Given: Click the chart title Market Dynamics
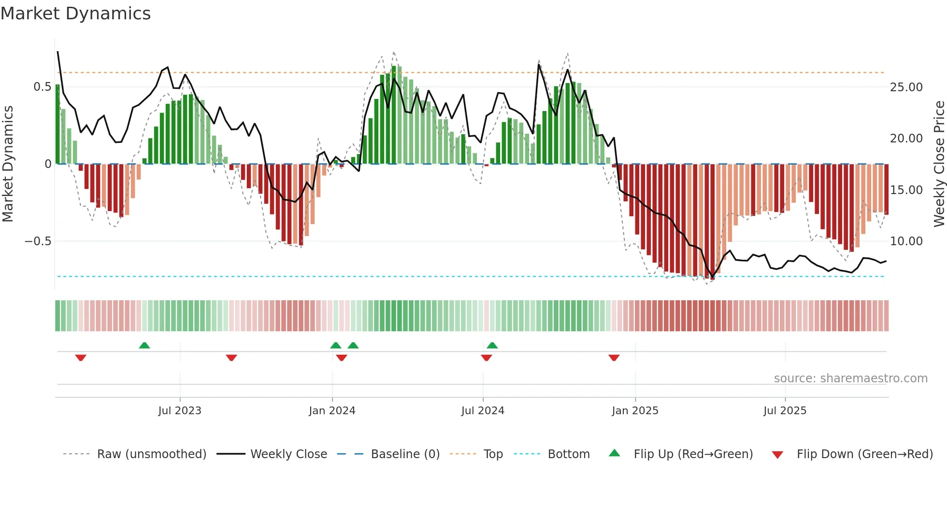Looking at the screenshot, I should pos(75,14).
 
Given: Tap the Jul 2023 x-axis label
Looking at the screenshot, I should pos(180,411).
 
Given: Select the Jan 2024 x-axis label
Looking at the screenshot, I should pos(332,411).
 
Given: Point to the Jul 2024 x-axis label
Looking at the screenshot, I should pos(483,411).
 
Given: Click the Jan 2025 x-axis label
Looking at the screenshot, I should pos(635,411).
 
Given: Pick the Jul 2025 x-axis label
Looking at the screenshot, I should pos(785,411).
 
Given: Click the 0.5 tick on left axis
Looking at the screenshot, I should pos(42,87).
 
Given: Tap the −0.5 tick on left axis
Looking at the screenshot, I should pos(38,241).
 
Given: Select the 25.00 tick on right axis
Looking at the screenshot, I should pos(906,87).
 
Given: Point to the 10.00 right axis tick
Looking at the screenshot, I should pos(906,241).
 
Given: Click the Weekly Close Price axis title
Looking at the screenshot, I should pos(939,164).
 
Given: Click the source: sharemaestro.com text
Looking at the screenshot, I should pos(850,378).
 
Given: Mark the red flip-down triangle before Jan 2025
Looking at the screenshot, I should pos(614,358).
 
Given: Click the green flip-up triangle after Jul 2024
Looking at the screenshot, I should pos(492,345).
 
